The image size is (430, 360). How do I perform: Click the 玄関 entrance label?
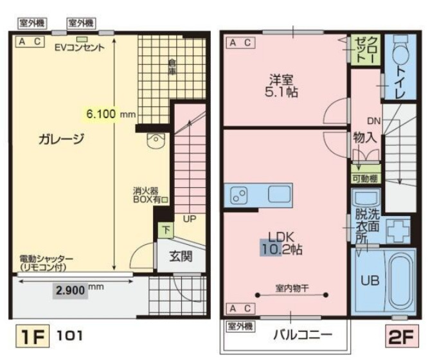click(x=181, y=256)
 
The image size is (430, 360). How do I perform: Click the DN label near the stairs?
click(x=374, y=120)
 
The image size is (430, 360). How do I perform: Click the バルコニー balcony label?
click(x=303, y=335)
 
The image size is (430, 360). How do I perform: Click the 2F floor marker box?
click(x=400, y=337)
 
